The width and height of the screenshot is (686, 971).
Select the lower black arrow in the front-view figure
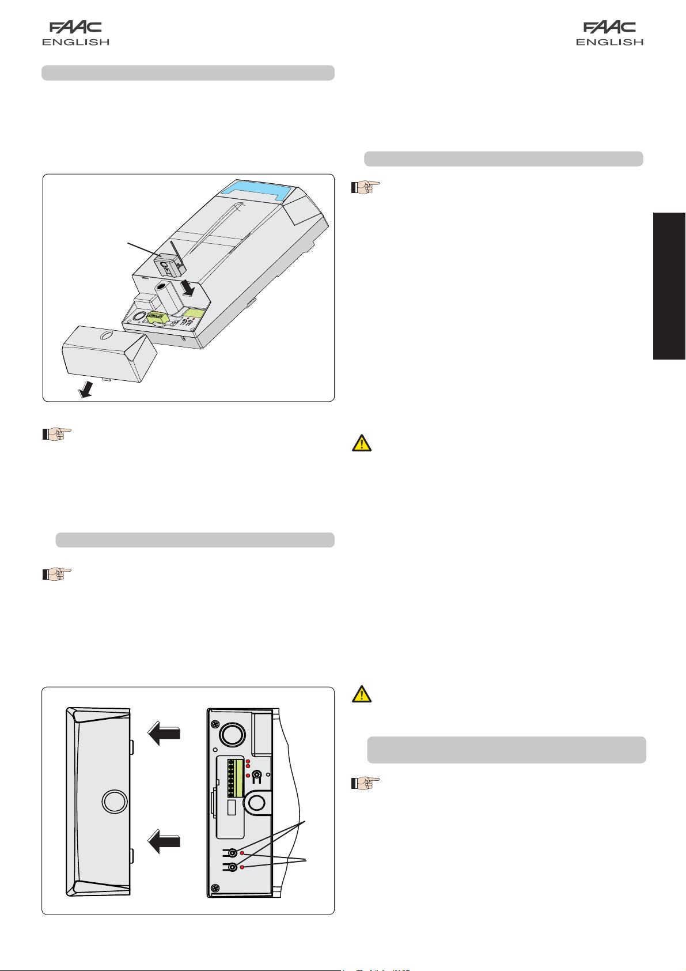[x=164, y=842]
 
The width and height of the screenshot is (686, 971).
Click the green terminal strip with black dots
[x=235, y=778]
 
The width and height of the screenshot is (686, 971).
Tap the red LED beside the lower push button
[x=242, y=867]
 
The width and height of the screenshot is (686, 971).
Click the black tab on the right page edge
[x=669, y=286]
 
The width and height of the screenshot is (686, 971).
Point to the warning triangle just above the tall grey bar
[x=361, y=694]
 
